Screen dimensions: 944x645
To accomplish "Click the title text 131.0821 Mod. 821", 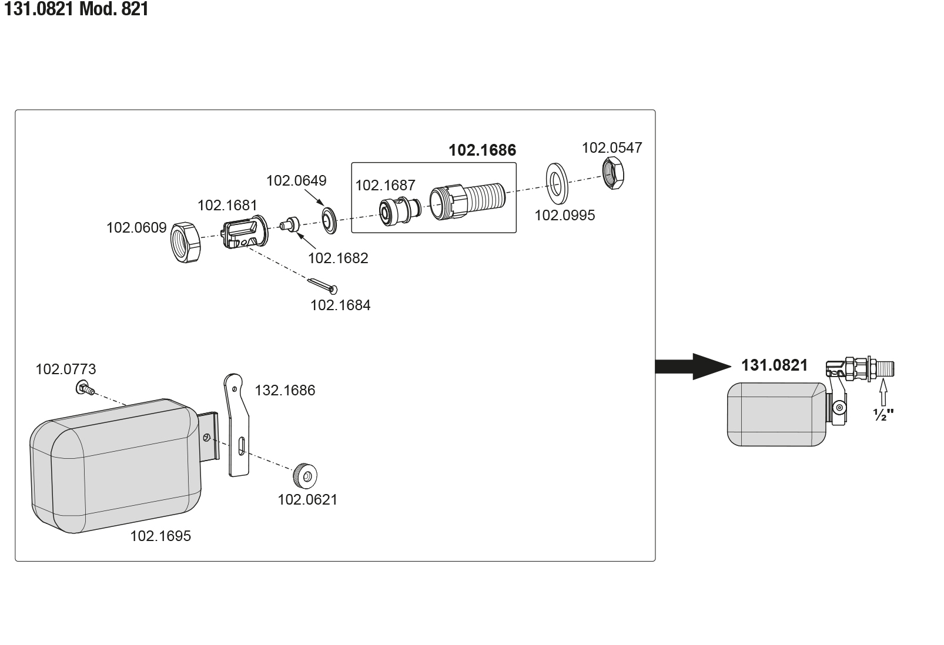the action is [x=76, y=9].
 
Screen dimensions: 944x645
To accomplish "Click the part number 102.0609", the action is [x=136, y=227].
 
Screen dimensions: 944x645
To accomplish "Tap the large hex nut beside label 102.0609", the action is [x=185, y=242].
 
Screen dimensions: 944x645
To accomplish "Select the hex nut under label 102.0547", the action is [x=612, y=173].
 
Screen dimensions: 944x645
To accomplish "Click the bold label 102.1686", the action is [x=482, y=150].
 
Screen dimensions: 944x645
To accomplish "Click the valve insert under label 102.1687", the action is [x=399, y=211].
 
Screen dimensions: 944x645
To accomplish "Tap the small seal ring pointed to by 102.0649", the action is [x=329, y=220].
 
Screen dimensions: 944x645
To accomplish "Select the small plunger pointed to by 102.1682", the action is [x=290, y=224].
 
